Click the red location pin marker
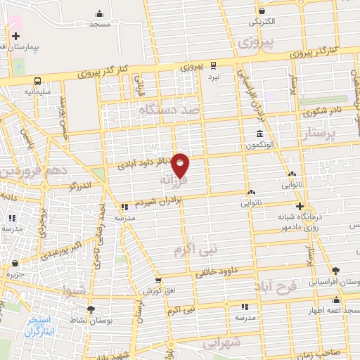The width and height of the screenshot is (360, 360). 181,165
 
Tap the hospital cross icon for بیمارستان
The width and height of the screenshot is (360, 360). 15,36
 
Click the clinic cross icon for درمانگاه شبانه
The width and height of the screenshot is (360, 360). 300,206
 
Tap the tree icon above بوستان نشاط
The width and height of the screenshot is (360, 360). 90,308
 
